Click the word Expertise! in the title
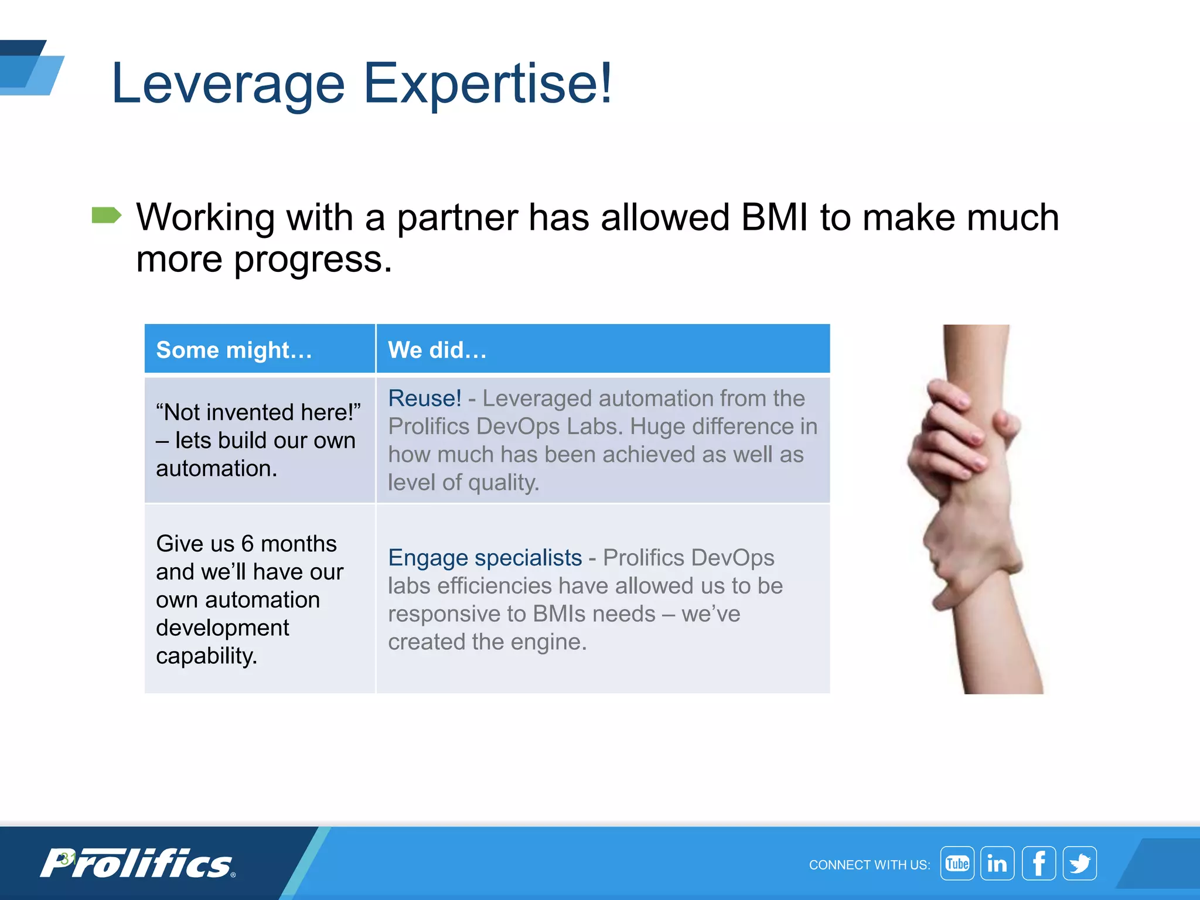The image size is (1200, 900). click(x=487, y=84)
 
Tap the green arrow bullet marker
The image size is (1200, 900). click(x=106, y=216)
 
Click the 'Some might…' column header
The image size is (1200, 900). click(x=234, y=350)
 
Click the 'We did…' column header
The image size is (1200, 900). click(x=437, y=350)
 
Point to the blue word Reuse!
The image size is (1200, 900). click(x=424, y=398)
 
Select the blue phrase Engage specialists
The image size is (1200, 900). click(x=485, y=558)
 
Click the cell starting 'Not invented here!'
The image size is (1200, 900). click(x=258, y=440)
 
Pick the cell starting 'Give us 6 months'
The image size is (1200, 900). click(x=258, y=599)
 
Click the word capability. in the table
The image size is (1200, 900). click(x=206, y=656)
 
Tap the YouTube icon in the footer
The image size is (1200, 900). click(x=957, y=864)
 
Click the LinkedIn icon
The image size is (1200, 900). click(x=997, y=864)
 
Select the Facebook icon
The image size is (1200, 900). click(x=1038, y=864)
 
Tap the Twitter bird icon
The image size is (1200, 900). click(x=1079, y=864)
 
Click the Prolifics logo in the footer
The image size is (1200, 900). click(x=138, y=864)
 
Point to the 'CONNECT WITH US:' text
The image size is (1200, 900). click(x=869, y=865)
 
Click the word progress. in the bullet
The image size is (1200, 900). click(x=313, y=259)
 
